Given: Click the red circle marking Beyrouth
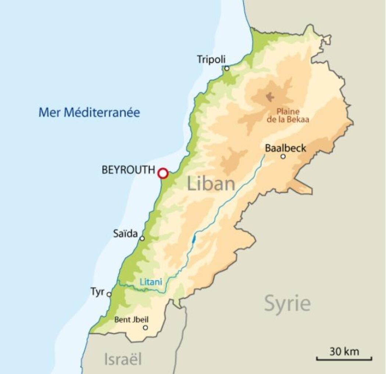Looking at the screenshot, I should coord(163,173).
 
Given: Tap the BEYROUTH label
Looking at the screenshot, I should coord(128,170).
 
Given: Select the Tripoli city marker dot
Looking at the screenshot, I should coord(227,68).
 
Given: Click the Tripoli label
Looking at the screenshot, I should coord(211,59).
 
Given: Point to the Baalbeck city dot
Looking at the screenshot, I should coord(283,157).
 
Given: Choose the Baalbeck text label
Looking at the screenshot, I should coord(285,148).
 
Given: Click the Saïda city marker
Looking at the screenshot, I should coord(142,238).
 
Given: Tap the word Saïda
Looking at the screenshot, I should coord(126,234).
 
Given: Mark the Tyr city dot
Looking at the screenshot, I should coord(109,294).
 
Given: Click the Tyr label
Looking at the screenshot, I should coord(97,292).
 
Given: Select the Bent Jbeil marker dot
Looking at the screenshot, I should coord(146,328).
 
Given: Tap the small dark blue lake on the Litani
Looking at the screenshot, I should coord(194,240).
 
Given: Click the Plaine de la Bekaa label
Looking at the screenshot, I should coord(288,115).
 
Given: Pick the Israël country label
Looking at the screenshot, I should coord(123,359).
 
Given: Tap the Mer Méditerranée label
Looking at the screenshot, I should coord(89,112).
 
